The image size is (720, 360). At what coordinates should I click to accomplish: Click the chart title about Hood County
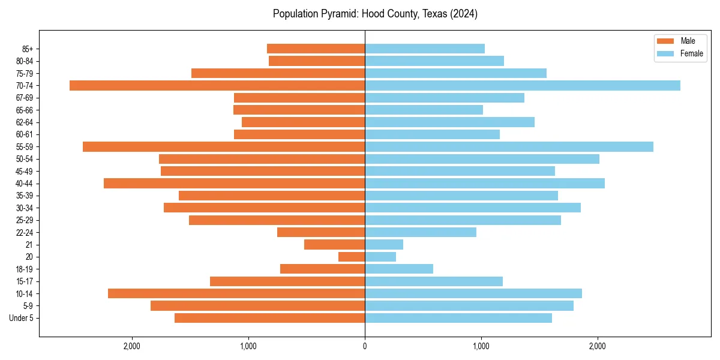click(375, 14)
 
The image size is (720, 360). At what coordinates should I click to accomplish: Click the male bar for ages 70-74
click(217, 85)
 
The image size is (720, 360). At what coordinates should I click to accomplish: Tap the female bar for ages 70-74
click(522, 85)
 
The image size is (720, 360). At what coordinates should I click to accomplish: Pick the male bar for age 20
click(352, 257)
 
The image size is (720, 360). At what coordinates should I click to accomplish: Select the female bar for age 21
click(384, 244)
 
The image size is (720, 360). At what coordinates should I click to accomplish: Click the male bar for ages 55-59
click(224, 146)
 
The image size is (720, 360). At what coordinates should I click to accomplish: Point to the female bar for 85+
click(425, 49)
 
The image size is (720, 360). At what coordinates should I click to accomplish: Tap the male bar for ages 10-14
click(236, 293)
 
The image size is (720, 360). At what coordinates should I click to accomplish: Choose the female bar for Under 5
click(458, 318)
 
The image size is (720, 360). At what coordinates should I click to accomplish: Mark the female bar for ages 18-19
click(399, 269)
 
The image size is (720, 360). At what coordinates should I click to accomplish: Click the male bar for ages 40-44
click(234, 183)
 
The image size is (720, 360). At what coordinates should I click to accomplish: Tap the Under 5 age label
click(21, 318)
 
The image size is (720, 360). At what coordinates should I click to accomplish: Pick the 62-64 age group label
click(24, 122)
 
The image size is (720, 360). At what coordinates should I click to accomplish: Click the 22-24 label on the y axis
click(24, 232)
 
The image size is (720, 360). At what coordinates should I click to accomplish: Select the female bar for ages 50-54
click(482, 159)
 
